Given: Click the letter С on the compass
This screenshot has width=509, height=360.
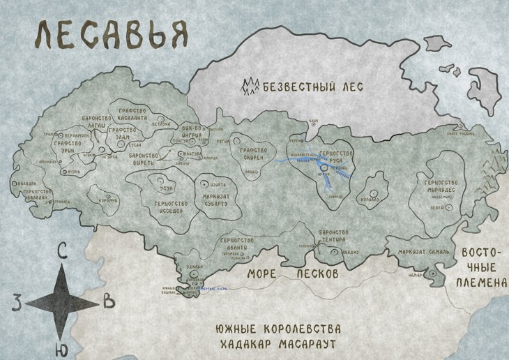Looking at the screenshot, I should coord(62,253).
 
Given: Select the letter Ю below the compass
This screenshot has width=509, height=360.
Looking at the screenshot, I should coord(62,347).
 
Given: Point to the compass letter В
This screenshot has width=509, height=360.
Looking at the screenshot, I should coord(108,301).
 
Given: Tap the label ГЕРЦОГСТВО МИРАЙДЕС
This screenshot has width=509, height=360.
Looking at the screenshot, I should coord(446,186).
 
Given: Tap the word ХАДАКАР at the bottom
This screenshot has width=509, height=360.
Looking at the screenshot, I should coord(243,345).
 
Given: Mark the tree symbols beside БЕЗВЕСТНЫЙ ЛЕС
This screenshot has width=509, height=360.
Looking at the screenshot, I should coord(250,87).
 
